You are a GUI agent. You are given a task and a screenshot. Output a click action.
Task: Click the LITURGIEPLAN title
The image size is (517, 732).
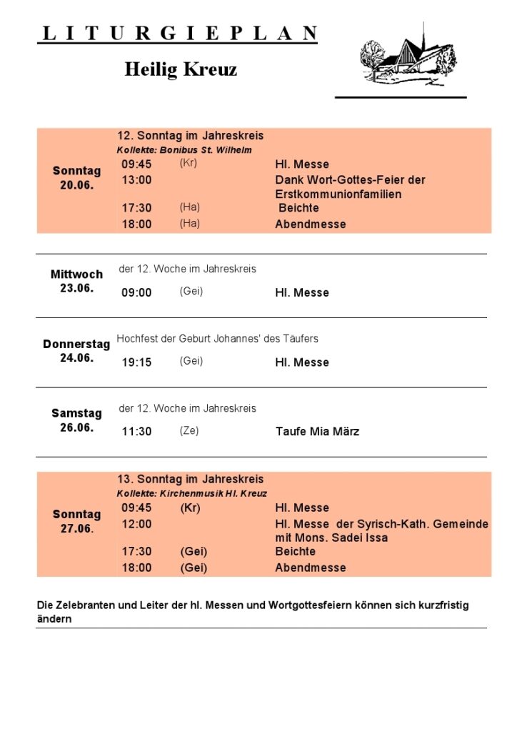click(178, 33)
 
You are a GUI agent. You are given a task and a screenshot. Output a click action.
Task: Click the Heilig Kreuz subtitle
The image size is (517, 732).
click(181, 69)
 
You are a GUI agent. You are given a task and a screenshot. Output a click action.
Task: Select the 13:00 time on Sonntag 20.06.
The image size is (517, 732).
click(136, 180)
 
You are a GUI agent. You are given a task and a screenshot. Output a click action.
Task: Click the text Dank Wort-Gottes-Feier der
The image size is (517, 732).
click(350, 180)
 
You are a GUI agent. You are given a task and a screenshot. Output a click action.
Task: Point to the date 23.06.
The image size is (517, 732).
click(76, 288)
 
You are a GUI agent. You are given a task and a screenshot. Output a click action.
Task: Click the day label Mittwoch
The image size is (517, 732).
click(76, 274)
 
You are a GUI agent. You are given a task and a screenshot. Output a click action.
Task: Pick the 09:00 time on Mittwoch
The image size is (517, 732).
click(136, 292)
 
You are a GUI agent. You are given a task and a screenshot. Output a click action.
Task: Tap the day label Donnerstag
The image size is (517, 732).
click(76, 344)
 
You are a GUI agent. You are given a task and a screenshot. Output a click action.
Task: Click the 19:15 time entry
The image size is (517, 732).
click(136, 362)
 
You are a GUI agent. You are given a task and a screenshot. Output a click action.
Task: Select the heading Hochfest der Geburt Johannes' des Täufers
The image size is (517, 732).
click(217, 338)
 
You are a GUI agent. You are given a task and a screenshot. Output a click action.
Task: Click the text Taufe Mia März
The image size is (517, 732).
click(317, 432)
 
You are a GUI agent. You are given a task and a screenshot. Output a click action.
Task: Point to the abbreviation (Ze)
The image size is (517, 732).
click(189, 430)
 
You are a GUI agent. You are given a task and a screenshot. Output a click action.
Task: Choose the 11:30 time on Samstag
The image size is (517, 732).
click(136, 432)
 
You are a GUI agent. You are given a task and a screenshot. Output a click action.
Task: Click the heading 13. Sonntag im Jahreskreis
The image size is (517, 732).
click(191, 479)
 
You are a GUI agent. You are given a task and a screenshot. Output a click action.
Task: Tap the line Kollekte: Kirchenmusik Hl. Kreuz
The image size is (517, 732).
click(192, 493)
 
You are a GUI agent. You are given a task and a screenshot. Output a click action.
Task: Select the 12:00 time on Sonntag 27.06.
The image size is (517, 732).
click(136, 524)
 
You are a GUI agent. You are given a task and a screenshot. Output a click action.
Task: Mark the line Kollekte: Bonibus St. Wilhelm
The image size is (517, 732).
click(184, 150)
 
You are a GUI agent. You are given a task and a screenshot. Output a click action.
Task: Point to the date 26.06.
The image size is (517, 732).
click(76, 427)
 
